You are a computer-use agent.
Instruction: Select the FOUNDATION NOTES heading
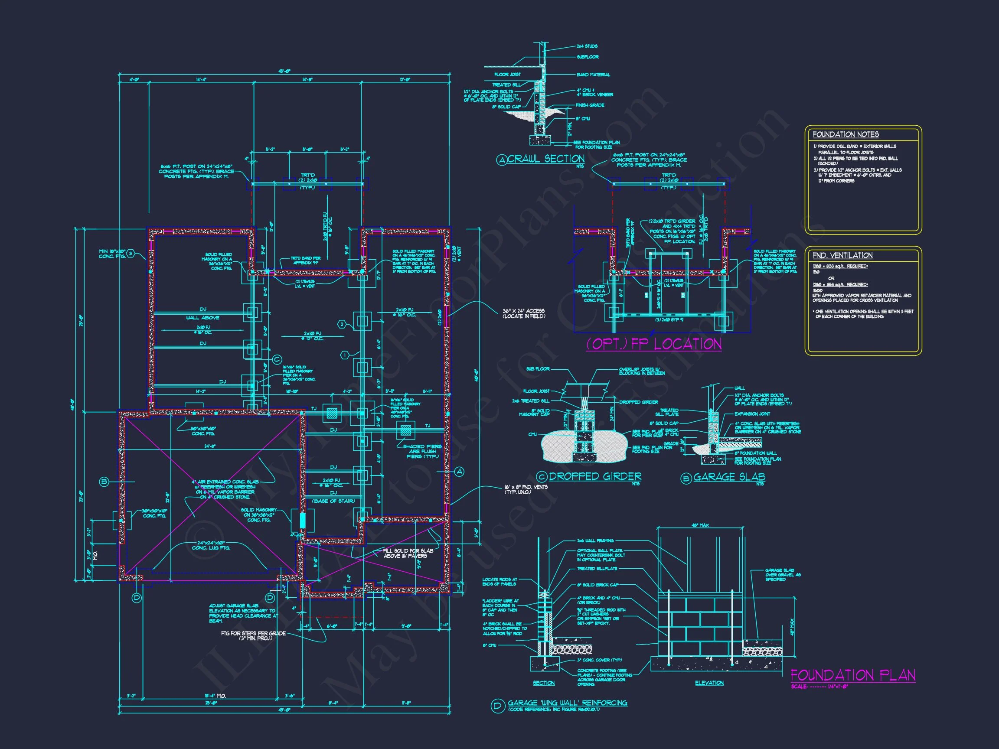pos(846,134)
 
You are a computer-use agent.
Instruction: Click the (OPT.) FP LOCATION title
pos(653,345)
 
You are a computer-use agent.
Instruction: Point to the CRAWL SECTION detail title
pos(546,159)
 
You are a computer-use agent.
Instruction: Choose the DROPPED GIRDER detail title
pos(595,476)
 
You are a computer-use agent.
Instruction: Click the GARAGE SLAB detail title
pos(729,477)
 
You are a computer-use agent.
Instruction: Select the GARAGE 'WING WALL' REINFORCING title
pos(567,703)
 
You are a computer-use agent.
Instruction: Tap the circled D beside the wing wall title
pos(497,707)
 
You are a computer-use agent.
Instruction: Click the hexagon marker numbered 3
pos(131,253)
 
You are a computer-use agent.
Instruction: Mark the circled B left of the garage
pos(104,482)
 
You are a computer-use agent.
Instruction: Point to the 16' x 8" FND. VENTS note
pos(526,489)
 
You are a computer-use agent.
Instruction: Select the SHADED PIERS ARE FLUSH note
pos(422,451)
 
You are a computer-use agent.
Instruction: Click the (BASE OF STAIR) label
pos(334,501)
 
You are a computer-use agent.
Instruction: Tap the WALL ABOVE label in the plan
pos(203,318)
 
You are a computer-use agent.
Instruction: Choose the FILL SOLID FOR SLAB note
pos(408,553)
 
